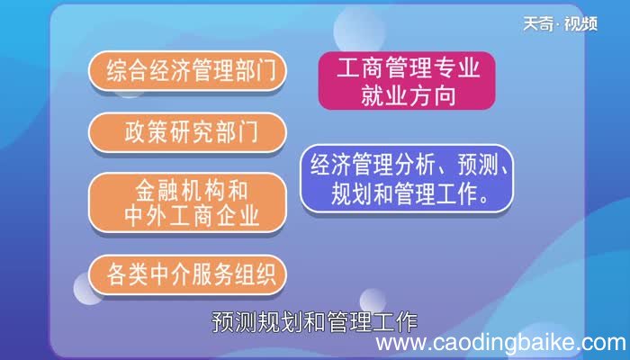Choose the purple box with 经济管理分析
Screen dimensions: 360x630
(x=407, y=178)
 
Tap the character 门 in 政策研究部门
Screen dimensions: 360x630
(x=247, y=131)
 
